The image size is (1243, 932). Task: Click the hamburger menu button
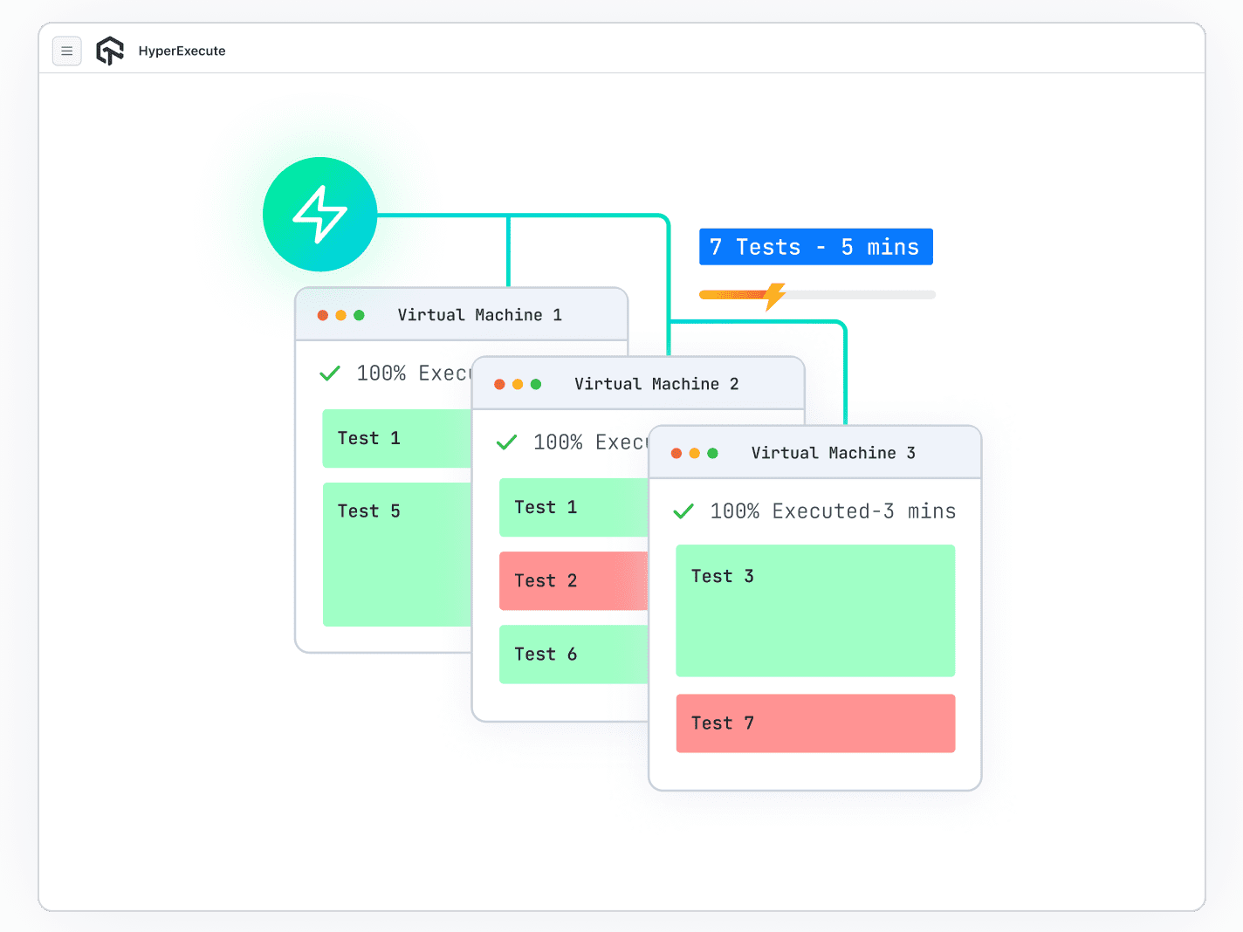tap(67, 51)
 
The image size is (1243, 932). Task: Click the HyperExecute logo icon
tap(110, 51)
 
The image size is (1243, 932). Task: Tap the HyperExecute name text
tap(182, 51)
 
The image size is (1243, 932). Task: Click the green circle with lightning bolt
tap(319, 215)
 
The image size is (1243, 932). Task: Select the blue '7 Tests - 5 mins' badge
tap(815, 247)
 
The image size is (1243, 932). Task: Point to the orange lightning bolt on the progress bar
tap(774, 296)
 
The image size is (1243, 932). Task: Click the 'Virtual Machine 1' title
tap(479, 315)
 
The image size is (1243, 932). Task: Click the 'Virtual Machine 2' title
tap(656, 384)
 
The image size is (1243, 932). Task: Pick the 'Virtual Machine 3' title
tap(833, 453)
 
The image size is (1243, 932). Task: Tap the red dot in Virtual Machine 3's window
tap(676, 453)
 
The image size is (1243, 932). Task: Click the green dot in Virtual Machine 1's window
tap(359, 315)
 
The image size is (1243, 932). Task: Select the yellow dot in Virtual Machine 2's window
tap(518, 384)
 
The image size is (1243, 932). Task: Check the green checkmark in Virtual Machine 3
tap(683, 511)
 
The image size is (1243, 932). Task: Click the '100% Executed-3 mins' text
tap(833, 511)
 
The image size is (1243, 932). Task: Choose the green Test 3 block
tap(815, 610)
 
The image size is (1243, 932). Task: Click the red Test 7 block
tap(815, 723)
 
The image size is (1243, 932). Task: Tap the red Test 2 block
tap(573, 580)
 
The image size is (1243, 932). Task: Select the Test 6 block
tap(573, 654)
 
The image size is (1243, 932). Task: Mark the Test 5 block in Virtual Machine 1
tap(396, 554)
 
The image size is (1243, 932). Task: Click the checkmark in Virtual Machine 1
tap(330, 373)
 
